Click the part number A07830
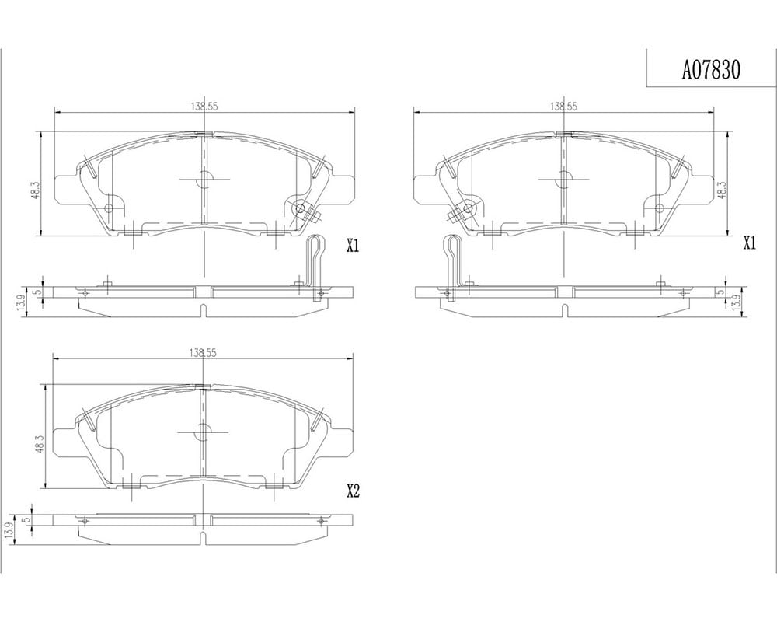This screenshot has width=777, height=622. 711,71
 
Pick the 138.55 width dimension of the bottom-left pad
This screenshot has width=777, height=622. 203,353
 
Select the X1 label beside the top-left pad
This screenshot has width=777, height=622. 352,246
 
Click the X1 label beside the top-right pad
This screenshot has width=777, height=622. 750,243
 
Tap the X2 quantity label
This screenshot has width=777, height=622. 352,491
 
